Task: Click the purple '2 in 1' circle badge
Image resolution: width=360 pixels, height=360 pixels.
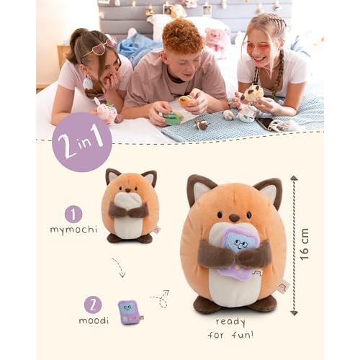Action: pyautogui.click(x=82, y=142)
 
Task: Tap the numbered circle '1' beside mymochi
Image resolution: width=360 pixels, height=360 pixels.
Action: pyautogui.click(x=73, y=215)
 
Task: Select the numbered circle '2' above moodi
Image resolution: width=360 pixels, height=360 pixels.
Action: pyautogui.click(x=93, y=305)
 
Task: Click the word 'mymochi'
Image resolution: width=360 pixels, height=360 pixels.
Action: pyautogui.click(x=73, y=230)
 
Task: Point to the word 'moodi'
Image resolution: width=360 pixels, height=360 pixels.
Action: pyautogui.click(x=94, y=320)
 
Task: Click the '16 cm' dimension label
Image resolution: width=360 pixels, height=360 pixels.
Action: pyautogui.click(x=304, y=244)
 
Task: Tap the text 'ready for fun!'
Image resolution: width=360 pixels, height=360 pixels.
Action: pyautogui.click(x=230, y=328)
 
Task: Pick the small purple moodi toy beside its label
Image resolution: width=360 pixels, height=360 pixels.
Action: pyautogui.click(x=130, y=312)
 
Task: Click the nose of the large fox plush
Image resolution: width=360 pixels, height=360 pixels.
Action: pyautogui.click(x=234, y=218)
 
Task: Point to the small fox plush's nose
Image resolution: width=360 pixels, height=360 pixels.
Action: pyautogui.click(x=128, y=190)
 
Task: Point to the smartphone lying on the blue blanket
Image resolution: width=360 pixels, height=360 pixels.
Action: pyautogui.click(x=266, y=123)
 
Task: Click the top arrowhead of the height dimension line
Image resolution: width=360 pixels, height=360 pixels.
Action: pyautogui.click(x=294, y=178)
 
